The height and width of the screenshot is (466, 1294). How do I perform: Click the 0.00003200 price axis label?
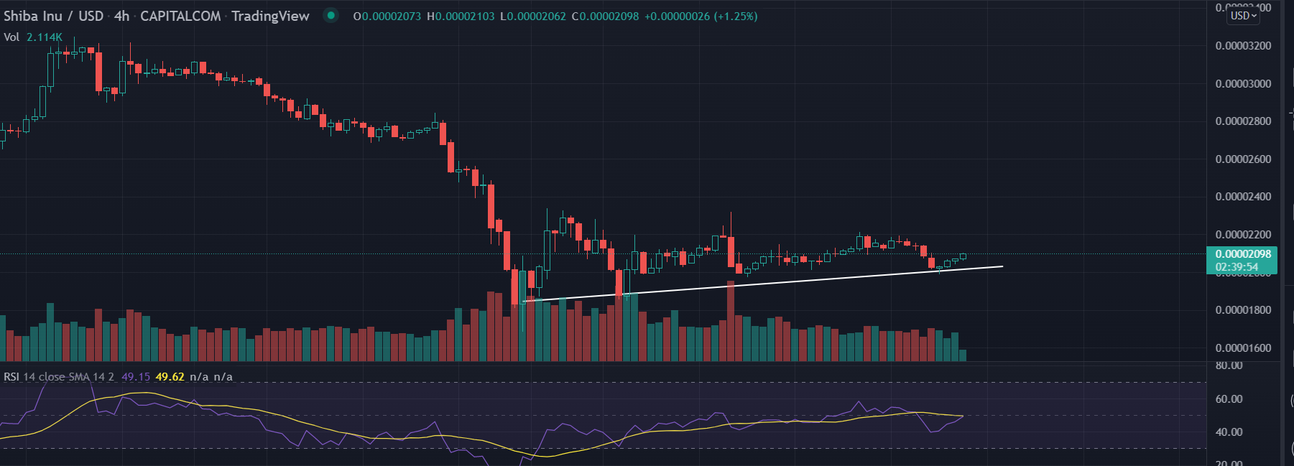[1243, 46]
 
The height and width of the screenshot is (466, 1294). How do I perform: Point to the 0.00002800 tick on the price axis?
[1243, 121]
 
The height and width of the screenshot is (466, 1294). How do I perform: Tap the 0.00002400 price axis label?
[1243, 197]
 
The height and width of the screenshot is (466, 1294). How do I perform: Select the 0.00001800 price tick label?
[1243, 310]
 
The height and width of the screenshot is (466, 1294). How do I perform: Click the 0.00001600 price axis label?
[1243, 348]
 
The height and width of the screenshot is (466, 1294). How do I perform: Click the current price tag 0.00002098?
[1243, 254]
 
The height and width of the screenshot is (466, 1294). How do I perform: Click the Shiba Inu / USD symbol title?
[53, 16]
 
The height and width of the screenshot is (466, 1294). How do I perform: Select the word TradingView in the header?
[270, 16]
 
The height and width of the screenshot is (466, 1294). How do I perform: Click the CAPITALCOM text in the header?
[180, 16]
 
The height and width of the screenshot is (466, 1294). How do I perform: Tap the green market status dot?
[331, 15]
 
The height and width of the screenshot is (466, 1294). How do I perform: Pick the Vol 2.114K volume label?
[33, 37]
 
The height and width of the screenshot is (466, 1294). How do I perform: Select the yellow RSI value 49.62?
[170, 377]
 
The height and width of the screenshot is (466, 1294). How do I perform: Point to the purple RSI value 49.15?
[136, 377]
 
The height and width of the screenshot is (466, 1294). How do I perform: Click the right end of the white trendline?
[1002, 267]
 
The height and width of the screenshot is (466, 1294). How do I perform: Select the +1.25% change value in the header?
[736, 17]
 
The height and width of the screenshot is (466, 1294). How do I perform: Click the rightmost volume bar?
[962, 355]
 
